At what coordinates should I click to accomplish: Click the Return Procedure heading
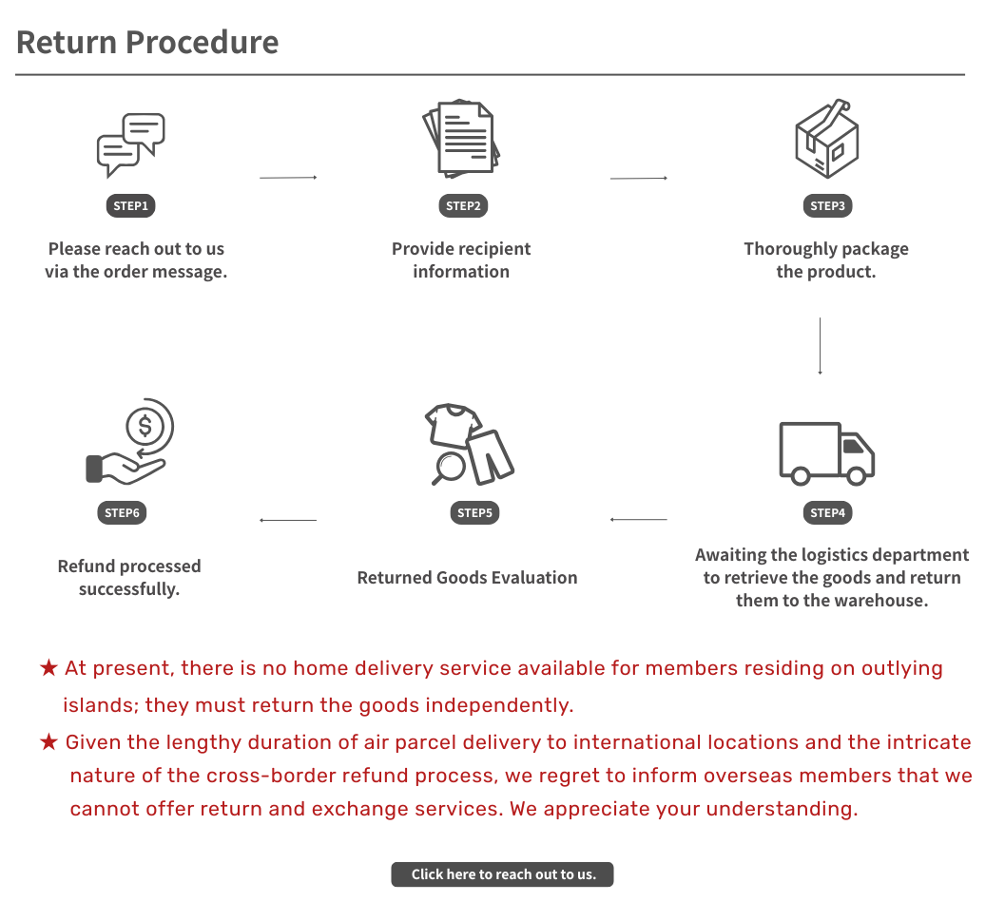pyautogui.click(x=147, y=43)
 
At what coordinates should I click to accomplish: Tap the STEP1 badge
pyautogui.click(x=131, y=205)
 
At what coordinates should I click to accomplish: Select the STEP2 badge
pyautogui.click(x=463, y=205)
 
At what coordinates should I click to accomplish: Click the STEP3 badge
pyautogui.click(x=827, y=205)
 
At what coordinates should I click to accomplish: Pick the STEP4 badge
pyautogui.click(x=827, y=512)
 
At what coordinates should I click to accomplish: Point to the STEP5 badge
pyautogui.click(x=475, y=512)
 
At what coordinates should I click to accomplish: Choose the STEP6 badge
pyautogui.click(x=122, y=512)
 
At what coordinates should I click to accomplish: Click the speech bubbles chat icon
pyautogui.click(x=131, y=145)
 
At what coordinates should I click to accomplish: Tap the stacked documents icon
pyautogui.click(x=461, y=139)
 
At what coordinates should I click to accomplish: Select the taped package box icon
pyautogui.click(x=827, y=139)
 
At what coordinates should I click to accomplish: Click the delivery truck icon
pyautogui.click(x=827, y=453)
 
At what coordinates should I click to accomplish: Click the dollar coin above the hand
pyautogui.click(x=145, y=426)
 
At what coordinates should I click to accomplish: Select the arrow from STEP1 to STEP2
pyautogui.click(x=288, y=178)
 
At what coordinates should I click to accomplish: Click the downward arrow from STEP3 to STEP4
pyautogui.click(x=820, y=346)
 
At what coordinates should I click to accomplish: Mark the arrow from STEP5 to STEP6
pyautogui.click(x=288, y=520)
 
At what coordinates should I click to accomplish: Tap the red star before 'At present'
pyautogui.click(x=48, y=668)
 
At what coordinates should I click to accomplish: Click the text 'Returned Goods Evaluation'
pyautogui.click(x=467, y=578)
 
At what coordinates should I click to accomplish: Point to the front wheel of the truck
pyautogui.click(x=857, y=476)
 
